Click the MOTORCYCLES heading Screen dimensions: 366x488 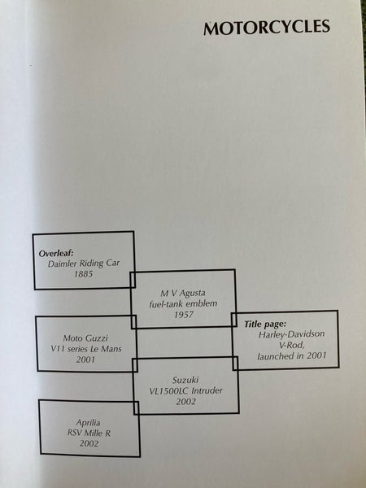(267, 28)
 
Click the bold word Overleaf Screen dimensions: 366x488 (56, 253)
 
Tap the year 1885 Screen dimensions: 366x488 (84, 274)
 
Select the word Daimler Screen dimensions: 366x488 (63, 264)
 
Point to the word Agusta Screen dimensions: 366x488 (193, 293)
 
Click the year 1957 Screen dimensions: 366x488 (184, 315)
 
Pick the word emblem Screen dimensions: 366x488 (203, 303)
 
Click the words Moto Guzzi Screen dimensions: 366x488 (85, 338)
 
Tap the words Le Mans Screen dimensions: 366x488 (107, 349)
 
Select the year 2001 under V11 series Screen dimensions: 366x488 (85, 359)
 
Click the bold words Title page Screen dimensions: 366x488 (265, 325)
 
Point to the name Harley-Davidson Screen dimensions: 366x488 (291, 334)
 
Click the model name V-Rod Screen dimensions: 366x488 (291, 345)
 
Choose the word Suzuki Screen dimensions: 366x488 (185, 380)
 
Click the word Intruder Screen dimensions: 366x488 (207, 390)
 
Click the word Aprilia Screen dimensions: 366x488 (89, 423)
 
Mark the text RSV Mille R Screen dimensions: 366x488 (89, 434)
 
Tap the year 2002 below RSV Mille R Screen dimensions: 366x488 (89, 444)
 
